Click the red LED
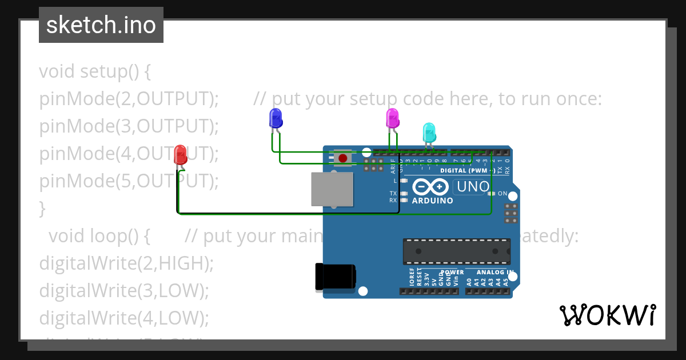pos(180,154)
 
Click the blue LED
pos(276,118)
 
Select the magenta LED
pos(393,118)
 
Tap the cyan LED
pos(429,133)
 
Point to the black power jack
pos(336,278)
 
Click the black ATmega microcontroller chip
pos(456,251)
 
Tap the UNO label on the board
pos(472,187)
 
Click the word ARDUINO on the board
pos(432,201)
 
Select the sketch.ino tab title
pos(101,25)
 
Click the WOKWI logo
pos(607,315)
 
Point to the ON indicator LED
pos(492,194)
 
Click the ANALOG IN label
pos(494,273)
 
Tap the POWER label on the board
pos(452,273)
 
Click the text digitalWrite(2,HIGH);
pos(126,263)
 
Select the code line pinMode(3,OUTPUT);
pos(129,126)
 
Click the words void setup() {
pos(95,71)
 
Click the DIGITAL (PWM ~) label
pos(468,170)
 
